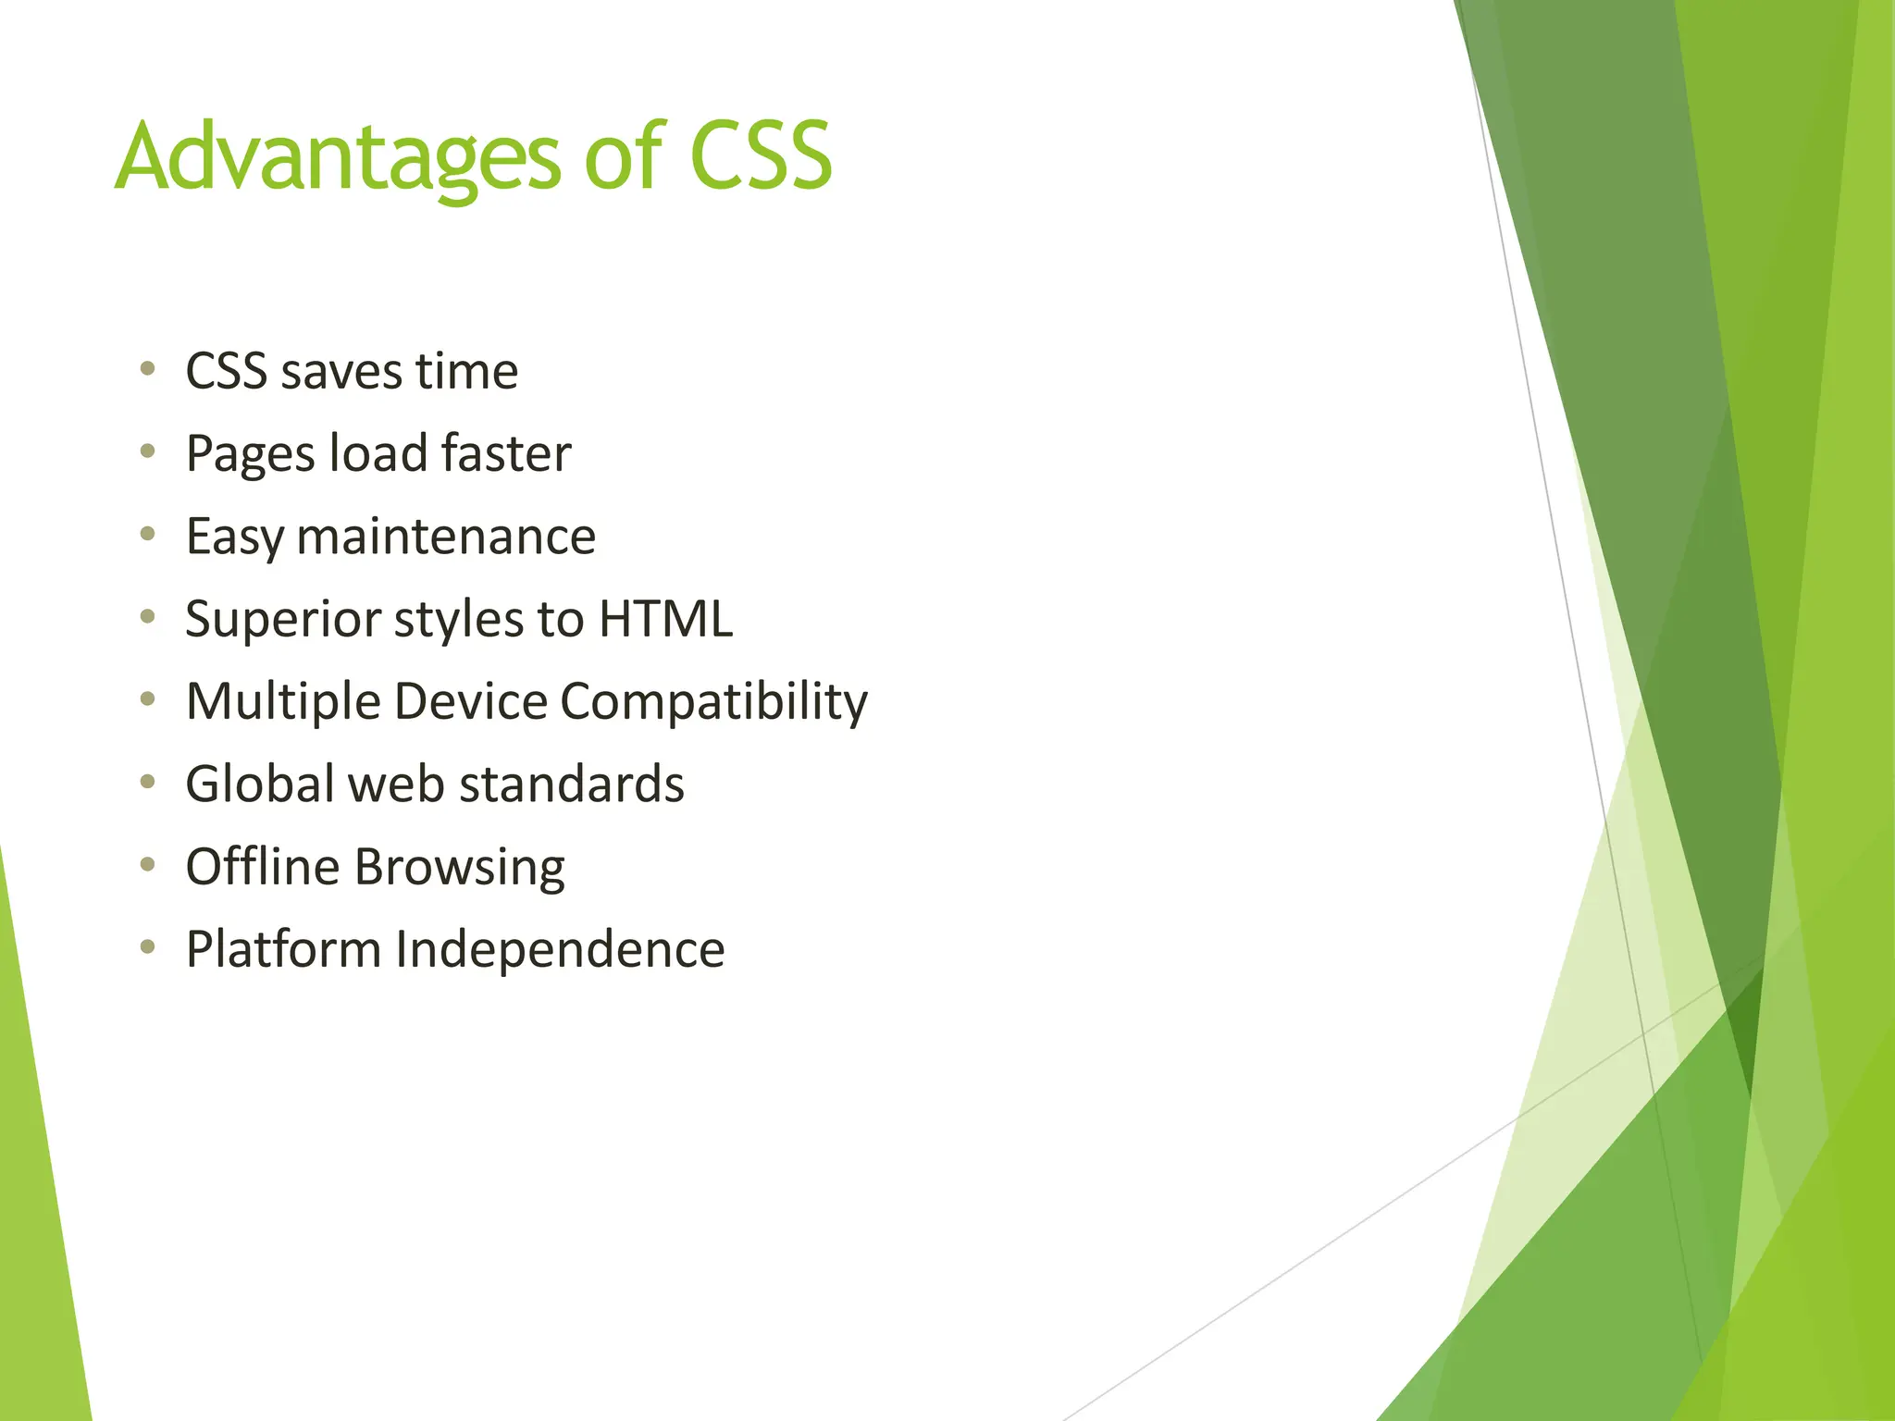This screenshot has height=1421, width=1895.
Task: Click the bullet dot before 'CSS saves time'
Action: tap(147, 370)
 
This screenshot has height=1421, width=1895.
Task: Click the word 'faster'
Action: tap(506, 454)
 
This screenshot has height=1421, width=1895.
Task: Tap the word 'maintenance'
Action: tap(446, 537)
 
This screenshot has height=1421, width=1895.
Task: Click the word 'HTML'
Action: tap(665, 619)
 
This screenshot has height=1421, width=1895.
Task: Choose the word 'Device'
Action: tap(471, 701)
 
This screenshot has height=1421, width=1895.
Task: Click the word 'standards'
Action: tap(571, 785)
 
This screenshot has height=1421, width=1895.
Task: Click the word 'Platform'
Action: tap(283, 949)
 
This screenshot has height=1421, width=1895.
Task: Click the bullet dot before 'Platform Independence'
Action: tap(147, 947)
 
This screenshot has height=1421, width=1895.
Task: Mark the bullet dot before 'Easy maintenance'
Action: tap(147, 535)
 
